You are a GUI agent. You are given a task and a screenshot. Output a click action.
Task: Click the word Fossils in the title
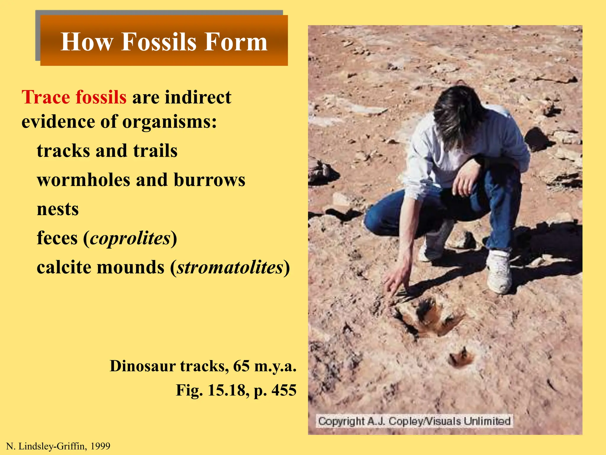tap(159, 42)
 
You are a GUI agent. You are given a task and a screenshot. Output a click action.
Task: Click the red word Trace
tap(45, 97)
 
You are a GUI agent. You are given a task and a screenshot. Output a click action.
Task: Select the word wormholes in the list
tap(83, 180)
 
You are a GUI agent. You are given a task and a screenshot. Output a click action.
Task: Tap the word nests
tap(58, 209)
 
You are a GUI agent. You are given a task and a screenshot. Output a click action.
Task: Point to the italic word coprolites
tap(130, 238)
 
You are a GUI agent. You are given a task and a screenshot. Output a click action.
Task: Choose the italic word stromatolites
tap(230, 267)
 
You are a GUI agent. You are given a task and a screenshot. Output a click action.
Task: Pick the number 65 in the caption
tap(241, 366)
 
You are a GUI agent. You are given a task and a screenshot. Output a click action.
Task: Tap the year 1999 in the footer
tap(100, 446)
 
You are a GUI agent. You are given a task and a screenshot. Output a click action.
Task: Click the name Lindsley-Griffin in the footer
tap(53, 446)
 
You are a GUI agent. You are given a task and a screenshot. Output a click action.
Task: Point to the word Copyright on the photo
tap(341, 421)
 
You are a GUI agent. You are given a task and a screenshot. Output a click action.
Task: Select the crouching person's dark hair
tap(456, 113)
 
